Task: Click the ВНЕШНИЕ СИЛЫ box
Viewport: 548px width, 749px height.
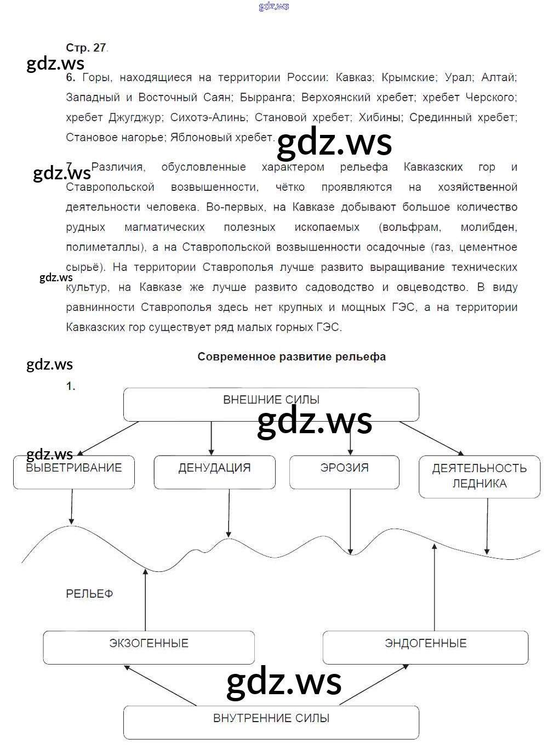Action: pos(271,405)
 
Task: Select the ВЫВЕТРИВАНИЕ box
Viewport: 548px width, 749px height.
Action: pos(74,472)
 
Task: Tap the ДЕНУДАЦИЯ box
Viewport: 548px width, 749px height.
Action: pos(214,472)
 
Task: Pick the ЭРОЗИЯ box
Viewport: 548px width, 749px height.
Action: pos(344,472)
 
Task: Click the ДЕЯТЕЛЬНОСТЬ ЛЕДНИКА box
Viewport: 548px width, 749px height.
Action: pos(480,476)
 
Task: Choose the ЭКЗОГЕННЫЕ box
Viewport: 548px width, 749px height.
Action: pos(149,648)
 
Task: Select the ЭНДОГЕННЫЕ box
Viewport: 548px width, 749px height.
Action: pos(425,648)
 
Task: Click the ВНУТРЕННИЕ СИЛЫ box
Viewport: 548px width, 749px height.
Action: pos(271,723)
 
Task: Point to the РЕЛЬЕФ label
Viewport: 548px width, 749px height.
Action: pos(89,594)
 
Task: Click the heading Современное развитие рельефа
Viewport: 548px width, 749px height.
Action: pos(292,357)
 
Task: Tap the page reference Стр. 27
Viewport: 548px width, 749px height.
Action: pos(86,48)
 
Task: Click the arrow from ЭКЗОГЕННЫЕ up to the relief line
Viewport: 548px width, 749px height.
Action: pos(145,600)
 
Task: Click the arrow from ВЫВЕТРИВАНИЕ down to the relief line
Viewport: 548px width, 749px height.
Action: pos(72,506)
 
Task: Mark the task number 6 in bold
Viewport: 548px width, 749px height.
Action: pos(70,77)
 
